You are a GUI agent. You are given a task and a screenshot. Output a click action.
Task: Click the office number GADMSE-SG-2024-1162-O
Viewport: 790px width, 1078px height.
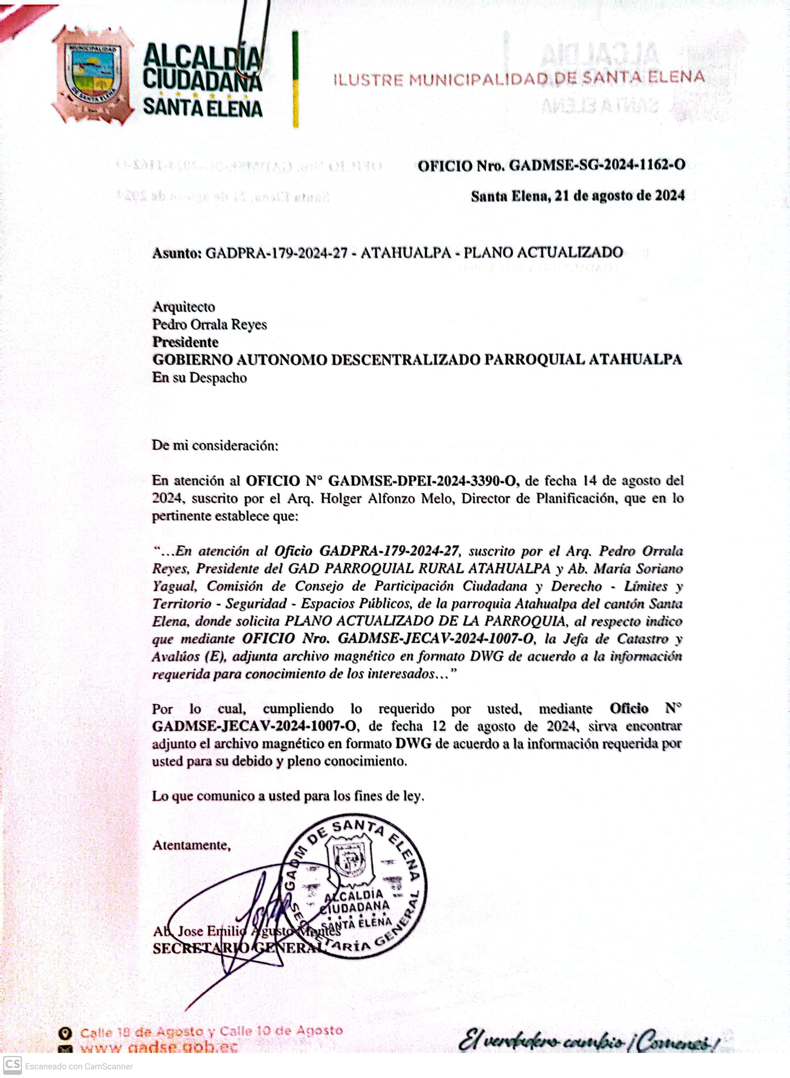[x=597, y=166]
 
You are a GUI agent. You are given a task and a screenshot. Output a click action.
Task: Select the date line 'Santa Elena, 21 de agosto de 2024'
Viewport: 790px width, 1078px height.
[x=578, y=196]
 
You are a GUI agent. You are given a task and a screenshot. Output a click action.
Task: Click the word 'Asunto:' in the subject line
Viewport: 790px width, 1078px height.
[x=177, y=253]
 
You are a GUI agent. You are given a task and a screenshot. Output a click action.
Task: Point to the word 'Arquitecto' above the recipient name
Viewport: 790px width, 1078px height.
[x=183, y=307]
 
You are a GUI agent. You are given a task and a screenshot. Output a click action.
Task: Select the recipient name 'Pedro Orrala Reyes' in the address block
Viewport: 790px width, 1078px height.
[x=210, y=325]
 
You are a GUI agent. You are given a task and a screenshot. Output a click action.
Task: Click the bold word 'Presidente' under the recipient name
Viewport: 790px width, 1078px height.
[x=185, y=342]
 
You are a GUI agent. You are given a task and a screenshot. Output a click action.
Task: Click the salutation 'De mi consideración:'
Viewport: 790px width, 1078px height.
[x=215, y=446]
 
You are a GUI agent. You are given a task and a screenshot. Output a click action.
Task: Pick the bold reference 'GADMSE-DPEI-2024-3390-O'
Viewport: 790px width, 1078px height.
[x=423, y=480]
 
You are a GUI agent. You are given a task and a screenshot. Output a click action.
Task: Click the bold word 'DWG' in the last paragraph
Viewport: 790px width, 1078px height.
[x=413, y=743]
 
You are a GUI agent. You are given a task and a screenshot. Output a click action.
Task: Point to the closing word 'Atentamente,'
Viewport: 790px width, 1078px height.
[x=191, y=845]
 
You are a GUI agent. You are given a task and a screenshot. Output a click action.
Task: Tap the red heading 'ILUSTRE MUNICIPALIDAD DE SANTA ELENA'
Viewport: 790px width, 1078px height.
[x=519, y=79]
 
